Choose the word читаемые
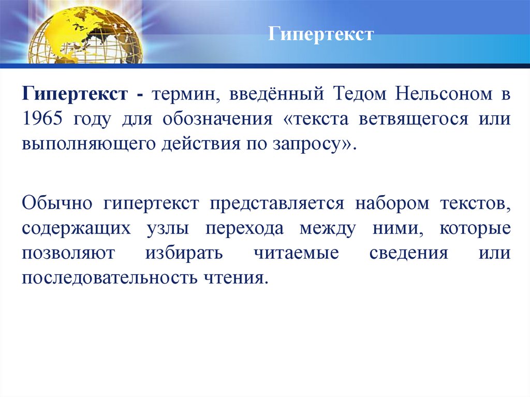click(x=298, y=254)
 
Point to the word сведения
click(x=408, y=254)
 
